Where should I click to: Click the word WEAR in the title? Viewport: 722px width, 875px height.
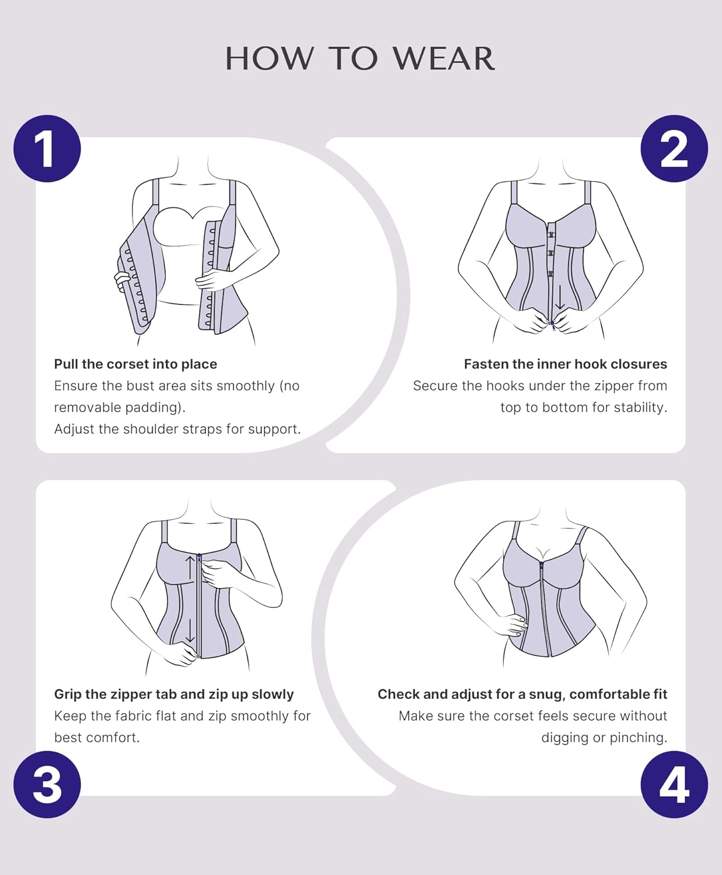[444, 59]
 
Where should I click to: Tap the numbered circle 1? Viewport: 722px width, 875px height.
[47, 149]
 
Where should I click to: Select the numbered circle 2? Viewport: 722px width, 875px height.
[674, 149]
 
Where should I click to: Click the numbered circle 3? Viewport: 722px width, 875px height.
[47, 785]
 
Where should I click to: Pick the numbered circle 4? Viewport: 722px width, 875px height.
[674, 785]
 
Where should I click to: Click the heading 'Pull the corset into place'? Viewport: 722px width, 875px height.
[135, 364]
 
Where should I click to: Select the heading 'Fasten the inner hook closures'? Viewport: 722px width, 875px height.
[565, 364]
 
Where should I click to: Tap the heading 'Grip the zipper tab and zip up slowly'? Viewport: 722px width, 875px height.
[174, 694]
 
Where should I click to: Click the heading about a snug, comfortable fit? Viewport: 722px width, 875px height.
[522, 694]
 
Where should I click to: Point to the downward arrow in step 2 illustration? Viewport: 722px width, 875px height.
[560, 297]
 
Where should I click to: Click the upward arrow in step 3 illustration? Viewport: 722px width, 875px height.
[190, 569]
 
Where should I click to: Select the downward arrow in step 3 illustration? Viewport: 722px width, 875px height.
[190, 630]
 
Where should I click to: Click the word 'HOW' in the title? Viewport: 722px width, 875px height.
[269, 59]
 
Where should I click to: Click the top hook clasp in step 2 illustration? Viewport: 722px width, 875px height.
[550, 234]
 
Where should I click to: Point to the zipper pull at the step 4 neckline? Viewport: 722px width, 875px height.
[541, 565]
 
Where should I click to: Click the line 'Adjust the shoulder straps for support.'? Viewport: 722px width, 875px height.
[177, 429]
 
